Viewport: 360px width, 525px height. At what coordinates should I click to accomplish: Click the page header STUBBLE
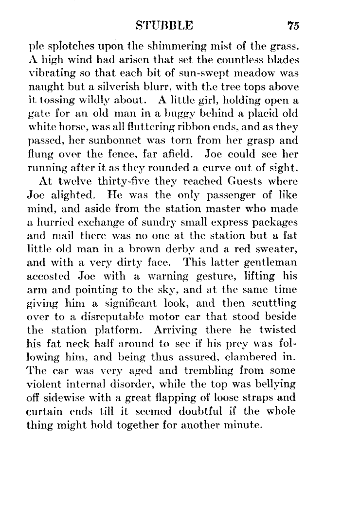coord(165,25)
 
